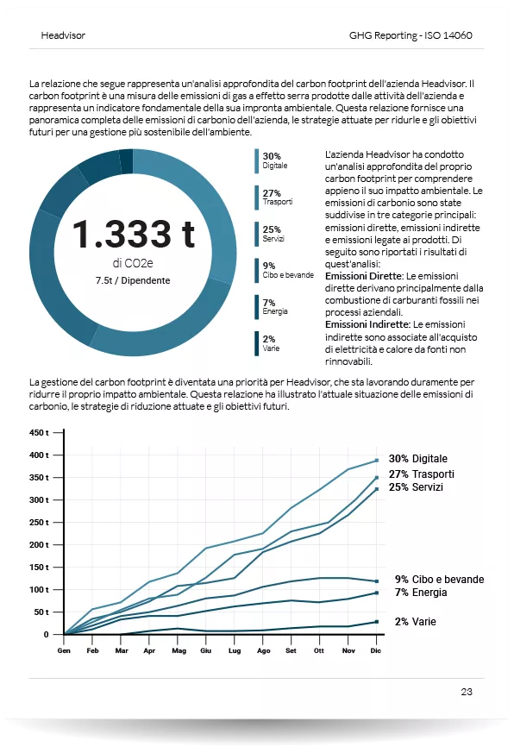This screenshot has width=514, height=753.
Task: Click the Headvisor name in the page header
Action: point(63,35)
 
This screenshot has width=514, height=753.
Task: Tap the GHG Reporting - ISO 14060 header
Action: point(411,35)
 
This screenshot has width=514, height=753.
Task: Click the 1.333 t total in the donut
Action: point(133,234)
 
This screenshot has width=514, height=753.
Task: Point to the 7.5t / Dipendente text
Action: point(133,280)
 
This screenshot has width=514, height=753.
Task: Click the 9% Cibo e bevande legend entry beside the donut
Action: point(288,270)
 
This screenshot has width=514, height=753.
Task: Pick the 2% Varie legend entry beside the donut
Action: point(271,343)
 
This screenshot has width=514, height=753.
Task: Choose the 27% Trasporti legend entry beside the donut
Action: point(277,197)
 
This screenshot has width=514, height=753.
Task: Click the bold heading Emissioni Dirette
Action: point(364,276)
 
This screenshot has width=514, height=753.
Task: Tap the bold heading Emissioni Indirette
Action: point(368,324)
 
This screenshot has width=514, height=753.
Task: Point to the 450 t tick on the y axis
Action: point(39,433)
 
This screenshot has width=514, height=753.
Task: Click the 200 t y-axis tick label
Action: point(39,545)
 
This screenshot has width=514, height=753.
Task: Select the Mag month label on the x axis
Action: point(179,650)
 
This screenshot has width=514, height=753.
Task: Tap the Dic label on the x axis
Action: point(376,650)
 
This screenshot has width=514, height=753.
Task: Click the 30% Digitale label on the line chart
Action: point(418,459)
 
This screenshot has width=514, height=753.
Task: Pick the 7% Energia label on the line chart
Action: point(421,593)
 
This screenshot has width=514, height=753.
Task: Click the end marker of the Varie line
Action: point(377,622)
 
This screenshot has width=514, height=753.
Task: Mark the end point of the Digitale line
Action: point(377,461)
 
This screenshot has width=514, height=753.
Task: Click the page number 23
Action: point(467,692)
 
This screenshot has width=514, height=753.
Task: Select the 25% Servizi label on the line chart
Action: point(416,487)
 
